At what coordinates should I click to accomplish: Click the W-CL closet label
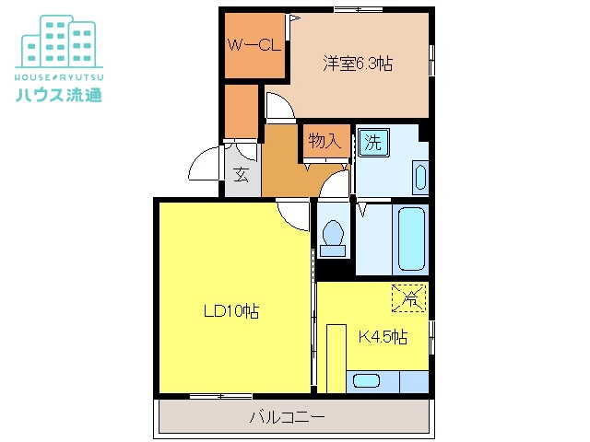[x=254, y=46]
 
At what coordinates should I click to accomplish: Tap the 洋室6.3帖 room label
[x=358, y=64]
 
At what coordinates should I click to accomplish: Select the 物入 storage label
[x=324, y=141]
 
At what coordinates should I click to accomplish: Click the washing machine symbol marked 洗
[x=373, y=142]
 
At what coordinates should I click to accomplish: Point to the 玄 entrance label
[x=242, y=174]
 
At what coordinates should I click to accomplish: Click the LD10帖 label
[x=231, y=311]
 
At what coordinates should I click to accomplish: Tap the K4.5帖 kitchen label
[x=383, y=336]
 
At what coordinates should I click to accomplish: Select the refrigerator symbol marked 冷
[x=409, y=297]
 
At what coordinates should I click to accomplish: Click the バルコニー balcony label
[x=287, y=417]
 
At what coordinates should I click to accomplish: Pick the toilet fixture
[x=333, y=238]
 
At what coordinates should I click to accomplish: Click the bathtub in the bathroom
[x=411, y=238]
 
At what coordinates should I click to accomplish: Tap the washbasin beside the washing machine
[x=420, y=177]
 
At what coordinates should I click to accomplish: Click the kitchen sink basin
[x=367, y=380]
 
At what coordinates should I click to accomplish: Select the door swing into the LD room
[x=293, y=215]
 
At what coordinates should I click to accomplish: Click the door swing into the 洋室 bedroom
[x=280, y=107]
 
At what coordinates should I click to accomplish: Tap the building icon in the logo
[x=59, y=41]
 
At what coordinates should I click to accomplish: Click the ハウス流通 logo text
[x=59, y=95]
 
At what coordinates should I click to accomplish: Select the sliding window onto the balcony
[x=221, y=396]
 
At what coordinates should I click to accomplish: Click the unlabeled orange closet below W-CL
[x=242, y=111]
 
